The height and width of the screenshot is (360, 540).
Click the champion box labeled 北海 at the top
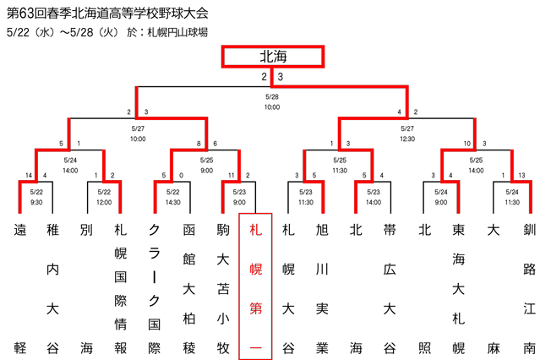coord(273,57)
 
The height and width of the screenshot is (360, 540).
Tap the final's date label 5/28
coord(272,97)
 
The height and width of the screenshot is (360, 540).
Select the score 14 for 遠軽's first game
coord(29,175)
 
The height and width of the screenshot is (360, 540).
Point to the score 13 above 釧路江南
coord(521,175)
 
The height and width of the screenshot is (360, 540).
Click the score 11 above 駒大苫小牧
coord(231,175)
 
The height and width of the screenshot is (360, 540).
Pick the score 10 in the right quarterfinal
coord(466,144)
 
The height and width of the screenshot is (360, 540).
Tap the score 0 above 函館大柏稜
coord(181,175)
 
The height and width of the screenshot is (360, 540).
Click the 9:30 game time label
coord(36,202)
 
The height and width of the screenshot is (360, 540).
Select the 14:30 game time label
coord(173,202)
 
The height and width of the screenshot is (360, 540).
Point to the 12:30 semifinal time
coord(407,139)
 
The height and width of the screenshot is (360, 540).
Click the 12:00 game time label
coord(104,202)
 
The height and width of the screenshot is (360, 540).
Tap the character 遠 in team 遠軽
coord(20,229)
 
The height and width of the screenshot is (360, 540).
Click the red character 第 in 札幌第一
coord(255,308)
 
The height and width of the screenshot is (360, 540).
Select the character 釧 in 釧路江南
coord(529,229)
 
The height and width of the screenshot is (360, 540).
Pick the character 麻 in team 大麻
coord(494,348)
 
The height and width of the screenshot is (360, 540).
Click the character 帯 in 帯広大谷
coord(390,229)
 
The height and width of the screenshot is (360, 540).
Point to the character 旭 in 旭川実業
coord(322,229)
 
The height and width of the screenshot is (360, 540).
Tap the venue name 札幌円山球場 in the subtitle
coord(177,32)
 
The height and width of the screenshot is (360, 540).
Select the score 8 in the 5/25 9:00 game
coord(199,144)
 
